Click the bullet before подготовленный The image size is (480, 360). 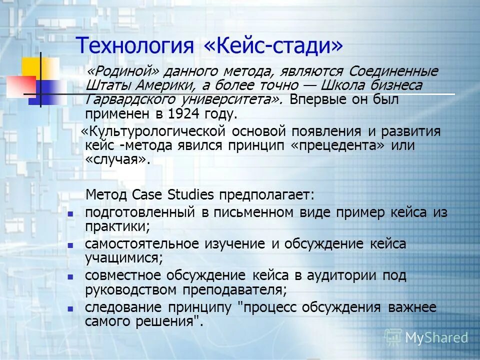tap(70, 213)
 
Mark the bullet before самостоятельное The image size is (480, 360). tap(70, 245)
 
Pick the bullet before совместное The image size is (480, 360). tap(70, 276)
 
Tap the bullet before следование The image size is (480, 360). tap(70, 308)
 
